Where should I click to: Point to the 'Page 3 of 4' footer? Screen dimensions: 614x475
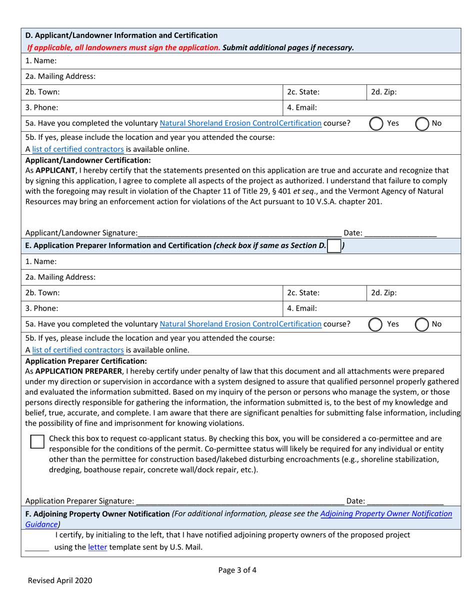coord(237,570)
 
